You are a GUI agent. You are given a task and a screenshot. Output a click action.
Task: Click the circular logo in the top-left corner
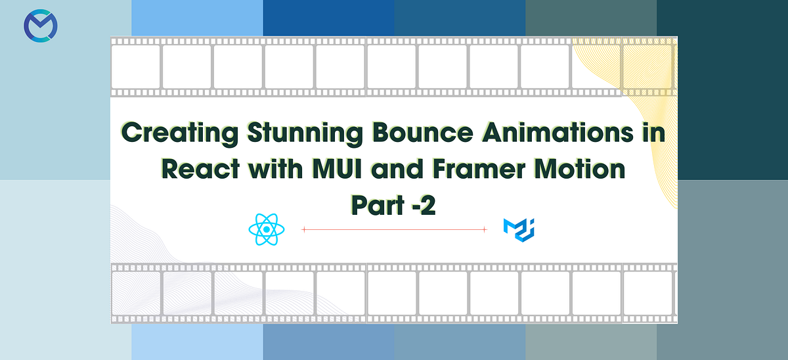click(x=41, y=28)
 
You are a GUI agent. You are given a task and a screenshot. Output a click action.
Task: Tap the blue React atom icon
click(x=267, y=229)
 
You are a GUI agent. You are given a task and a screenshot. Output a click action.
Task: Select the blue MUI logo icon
click(x=519, y=229)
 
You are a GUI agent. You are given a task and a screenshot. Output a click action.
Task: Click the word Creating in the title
click(x=179, y=133)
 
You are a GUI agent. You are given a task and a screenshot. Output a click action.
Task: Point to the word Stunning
click(x=303, y=133)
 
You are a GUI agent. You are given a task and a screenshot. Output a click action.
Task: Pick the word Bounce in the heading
click(x=422, y=133)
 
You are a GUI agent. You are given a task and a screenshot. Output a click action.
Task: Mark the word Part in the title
click(x=374, y=206)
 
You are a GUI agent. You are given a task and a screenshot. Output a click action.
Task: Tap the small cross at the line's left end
click(x=303, y=229)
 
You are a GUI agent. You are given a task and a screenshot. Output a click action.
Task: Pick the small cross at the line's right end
click(x=484, y=229)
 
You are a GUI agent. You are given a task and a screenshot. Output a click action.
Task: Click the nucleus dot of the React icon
click(x=267, y=229)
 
